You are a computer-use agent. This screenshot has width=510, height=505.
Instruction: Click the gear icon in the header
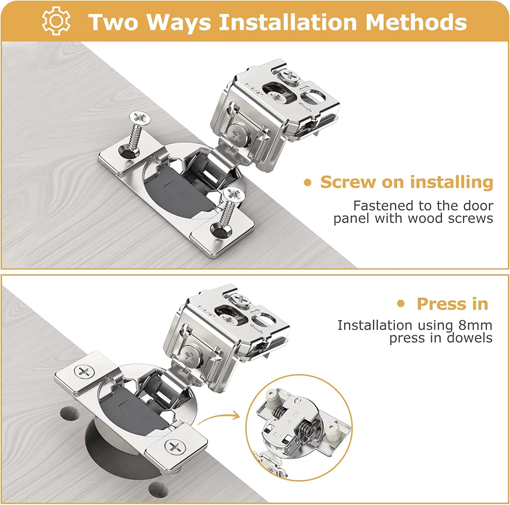pos(56,21)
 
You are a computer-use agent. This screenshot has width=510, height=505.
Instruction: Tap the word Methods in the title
pos(416,22)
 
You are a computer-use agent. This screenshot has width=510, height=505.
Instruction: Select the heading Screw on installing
pos(406,182)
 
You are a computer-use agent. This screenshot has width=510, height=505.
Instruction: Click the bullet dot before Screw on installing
pos(308,183)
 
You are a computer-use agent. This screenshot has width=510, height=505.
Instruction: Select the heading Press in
pos(452,304)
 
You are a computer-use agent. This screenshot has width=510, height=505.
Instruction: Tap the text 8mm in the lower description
pos(475,325)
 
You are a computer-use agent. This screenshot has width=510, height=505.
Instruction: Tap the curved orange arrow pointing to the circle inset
pos(219,419)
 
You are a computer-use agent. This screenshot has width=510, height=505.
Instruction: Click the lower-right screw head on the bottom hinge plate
pos(175,446)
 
